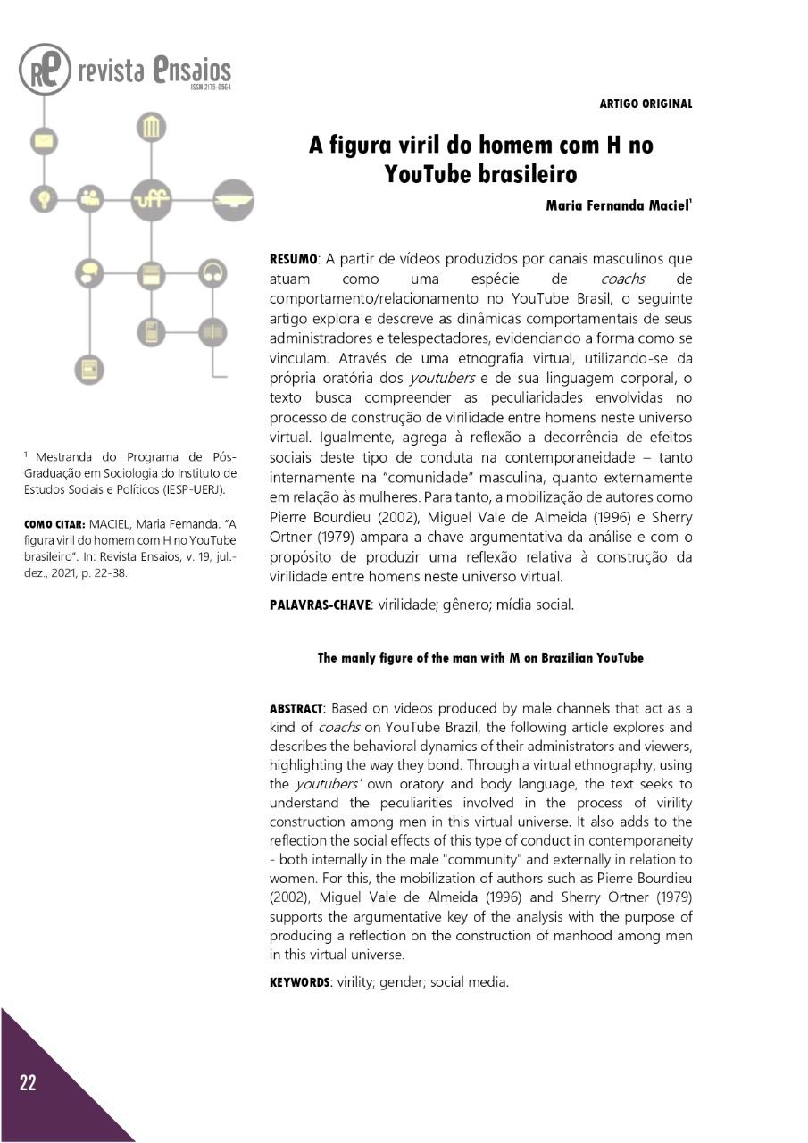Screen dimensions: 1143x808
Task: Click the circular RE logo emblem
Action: pyautogui.click(x=45, y=70)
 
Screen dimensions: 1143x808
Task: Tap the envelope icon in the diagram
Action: pyautogui.click(x=43, y=141)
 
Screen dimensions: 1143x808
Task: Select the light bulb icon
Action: pyautogui.click(x=43, y=198)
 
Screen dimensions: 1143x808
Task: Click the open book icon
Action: pyautogui.click(x=212, y=332)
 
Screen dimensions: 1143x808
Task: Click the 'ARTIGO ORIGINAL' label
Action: pyautogui.click(x=646, y=104)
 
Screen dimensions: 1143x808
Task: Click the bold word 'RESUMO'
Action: pyautogui.click(x=294, y=260)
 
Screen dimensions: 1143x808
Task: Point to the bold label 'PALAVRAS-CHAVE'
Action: pyautogui.click(x=320, y=605)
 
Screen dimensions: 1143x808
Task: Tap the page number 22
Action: pyautogui.click(x=29, y=1084)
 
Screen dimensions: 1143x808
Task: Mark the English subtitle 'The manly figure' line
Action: pyautogui.click(x=480, y=658)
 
